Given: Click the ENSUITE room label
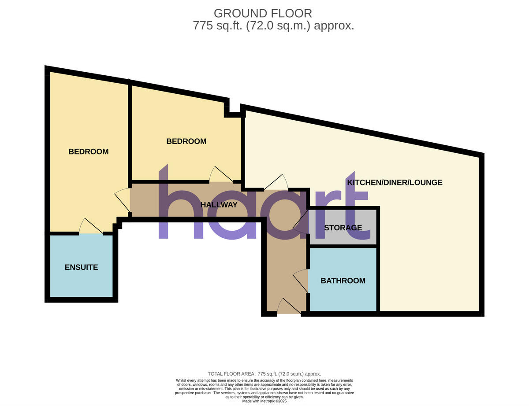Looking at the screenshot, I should (x=81, y=267).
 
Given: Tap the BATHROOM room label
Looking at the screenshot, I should (x=343, y=281).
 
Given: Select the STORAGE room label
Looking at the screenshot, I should (x=343, y=228).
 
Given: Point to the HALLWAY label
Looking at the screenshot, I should (x=219, y=205).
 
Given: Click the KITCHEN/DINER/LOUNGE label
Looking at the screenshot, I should (x=395, y=182).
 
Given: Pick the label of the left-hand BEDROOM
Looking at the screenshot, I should (x=88, y=151).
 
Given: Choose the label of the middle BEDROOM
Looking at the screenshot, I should (x=186, y=141).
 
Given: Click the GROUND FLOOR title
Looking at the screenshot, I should (x=263, y=13).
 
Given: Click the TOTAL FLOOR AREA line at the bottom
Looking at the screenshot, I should (x=264, y=374).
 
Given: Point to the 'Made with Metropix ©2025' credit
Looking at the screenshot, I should (x=264, y=401).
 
